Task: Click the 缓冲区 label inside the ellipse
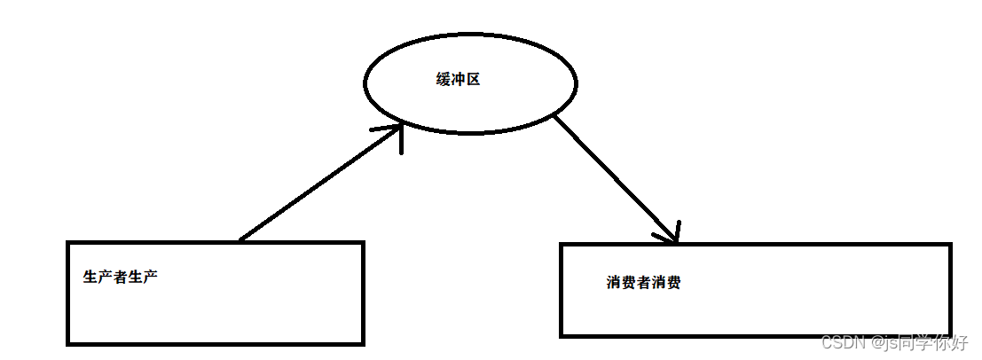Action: tap(458, 80)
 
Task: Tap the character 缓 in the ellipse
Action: tap(444, 80)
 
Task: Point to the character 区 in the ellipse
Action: tap(473, 80)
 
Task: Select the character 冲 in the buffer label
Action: tap(458, 80)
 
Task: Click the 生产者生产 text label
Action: tap(121, 277)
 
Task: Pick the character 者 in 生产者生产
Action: tap(121, 277)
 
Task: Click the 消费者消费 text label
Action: tap(644, 284)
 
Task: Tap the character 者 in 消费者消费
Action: tap(644, 284)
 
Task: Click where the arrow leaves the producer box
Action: tap(240, 240)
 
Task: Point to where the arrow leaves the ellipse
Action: tap(554, 116)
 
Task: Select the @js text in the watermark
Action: tap(882, 342)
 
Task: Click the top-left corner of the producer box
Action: tap(68, 242)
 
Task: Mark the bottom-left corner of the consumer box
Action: tap(562, 335)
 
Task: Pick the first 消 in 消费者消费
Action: tap(615, 284)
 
